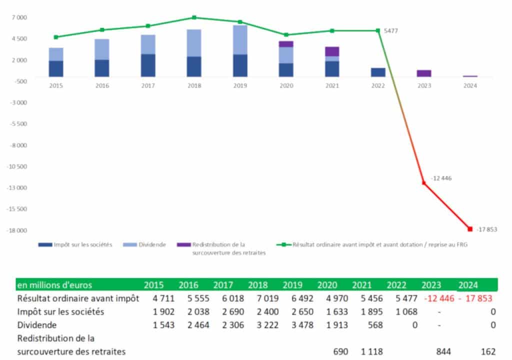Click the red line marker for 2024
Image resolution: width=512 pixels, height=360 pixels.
[470, 229]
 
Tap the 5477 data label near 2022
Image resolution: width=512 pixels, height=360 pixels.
[391, 31]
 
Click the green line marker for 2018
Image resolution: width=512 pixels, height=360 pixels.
[194, 17]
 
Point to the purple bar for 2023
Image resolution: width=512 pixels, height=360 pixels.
[424, 73]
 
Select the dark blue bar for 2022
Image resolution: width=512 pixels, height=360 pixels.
[378, 72]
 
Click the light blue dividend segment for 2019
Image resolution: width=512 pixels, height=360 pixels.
[240, 39]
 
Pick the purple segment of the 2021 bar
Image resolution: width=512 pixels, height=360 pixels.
[332, 51]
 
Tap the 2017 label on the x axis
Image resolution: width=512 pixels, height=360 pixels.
[148, 85]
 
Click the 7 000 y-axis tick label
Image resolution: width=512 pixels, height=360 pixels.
[20, 17]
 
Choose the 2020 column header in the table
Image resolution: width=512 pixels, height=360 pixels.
[327, 285]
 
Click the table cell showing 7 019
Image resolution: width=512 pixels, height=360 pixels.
[257, 298]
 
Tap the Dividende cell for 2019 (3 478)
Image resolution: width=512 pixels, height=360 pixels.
[292, 324]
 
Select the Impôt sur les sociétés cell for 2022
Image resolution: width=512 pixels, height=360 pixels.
[396, 311]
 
